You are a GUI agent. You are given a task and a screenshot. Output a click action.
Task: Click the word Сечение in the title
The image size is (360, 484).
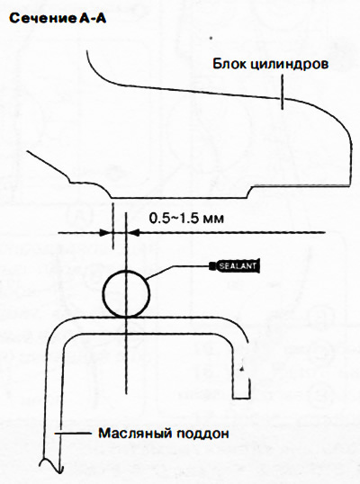[x=43, y=19]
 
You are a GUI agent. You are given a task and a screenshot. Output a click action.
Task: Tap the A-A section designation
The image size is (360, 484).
[x=93, y=19]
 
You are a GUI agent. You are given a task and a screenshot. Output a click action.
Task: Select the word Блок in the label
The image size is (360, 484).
[x=229, y=64]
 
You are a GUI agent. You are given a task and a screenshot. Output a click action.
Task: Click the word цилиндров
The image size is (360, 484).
[x=289, y=65]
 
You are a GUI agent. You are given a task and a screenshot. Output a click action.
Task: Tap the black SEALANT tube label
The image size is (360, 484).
[x=238, y=265]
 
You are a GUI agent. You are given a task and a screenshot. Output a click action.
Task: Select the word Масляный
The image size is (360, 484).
[x=135, y=433]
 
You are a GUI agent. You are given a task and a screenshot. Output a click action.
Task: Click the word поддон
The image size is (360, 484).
[x=202, y=434]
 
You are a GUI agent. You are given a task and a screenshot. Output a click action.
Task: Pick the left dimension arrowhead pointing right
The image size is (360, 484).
[x=106, y=232]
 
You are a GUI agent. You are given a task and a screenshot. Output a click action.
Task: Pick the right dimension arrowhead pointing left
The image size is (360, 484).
[x=133, y=233]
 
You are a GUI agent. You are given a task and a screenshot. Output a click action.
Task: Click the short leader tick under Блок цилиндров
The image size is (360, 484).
[x=282, y=93]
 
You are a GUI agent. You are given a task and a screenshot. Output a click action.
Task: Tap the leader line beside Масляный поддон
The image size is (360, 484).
[x=73, y=434]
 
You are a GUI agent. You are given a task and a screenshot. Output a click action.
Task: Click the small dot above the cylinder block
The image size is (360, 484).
[x=211, y=39]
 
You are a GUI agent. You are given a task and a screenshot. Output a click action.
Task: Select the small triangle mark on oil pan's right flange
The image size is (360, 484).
[x=243, y=368]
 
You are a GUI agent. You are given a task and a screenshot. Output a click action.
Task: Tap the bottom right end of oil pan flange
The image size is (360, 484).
[x=249, y=399]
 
